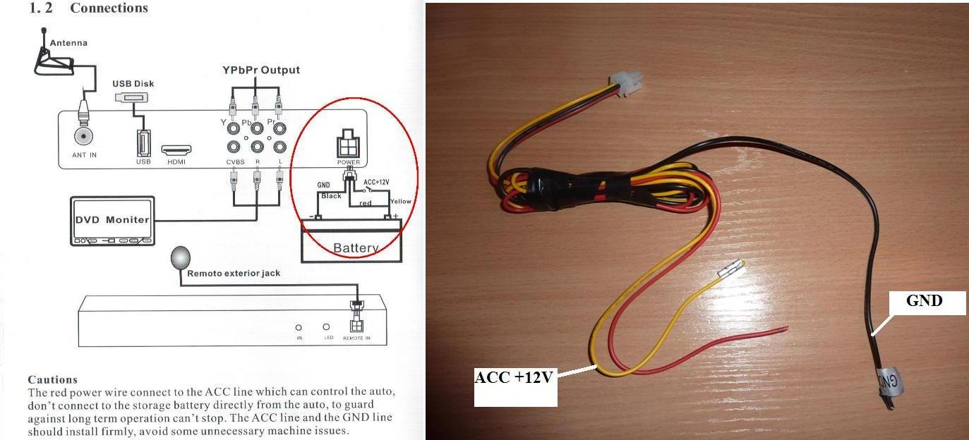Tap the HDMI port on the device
point(176,150)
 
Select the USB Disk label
point(133,84)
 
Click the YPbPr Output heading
point(261,70)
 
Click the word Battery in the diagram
point(355,248)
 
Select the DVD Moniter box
point(112,219)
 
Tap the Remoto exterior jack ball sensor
point(181,258)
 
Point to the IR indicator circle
point(299,327)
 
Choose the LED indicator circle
point(326,327)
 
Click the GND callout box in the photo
point(924,302)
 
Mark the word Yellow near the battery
point(400,202)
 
